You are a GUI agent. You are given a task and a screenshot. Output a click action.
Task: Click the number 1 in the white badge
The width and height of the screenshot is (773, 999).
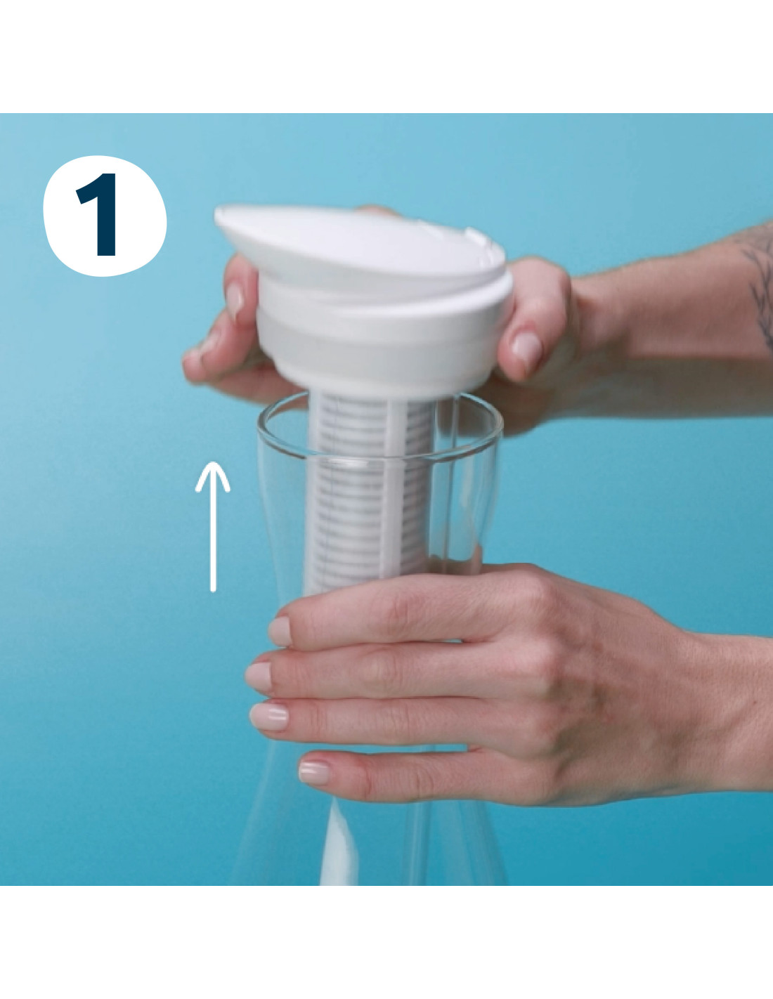[x=98, y=214]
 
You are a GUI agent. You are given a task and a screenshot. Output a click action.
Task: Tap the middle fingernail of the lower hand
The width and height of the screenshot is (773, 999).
[x=259, y=677]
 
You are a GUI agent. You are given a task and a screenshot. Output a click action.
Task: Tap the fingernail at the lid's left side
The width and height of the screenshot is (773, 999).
[x=235, y=301]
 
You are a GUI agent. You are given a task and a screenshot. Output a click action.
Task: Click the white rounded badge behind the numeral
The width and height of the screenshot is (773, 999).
[x=105, y=216]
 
